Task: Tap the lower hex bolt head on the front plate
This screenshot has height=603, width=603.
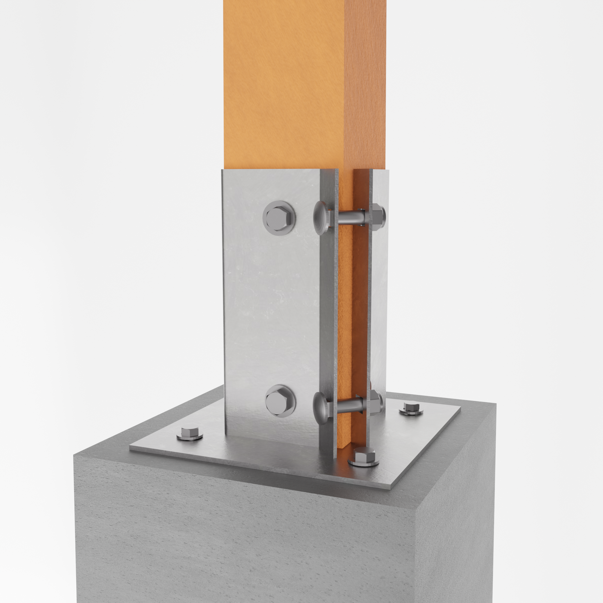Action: pos(280,401)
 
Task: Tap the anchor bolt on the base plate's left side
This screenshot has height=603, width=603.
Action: pos(189,434)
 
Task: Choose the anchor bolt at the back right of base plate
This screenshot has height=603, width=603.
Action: pos(411,408)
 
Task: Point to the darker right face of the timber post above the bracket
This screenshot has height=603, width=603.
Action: pos(365,84)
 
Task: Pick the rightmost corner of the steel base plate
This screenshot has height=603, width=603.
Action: pos(460,407)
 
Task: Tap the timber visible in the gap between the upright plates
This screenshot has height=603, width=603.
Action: pos(345,312)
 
